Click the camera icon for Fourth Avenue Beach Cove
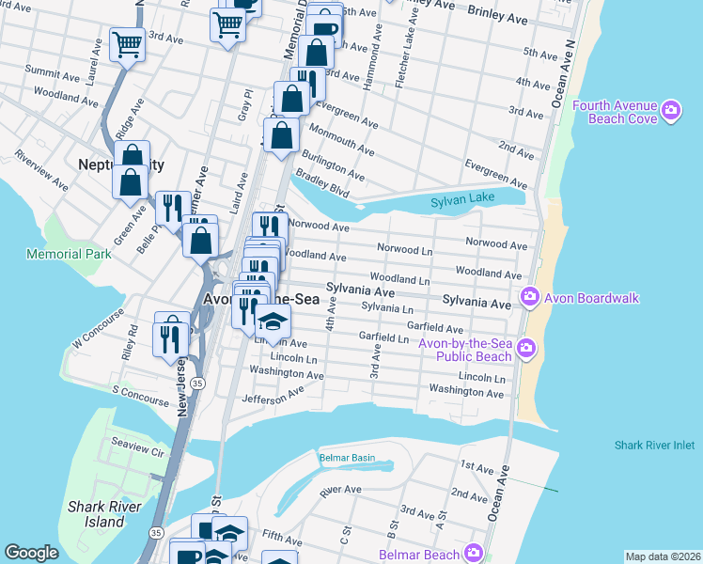(670, 112)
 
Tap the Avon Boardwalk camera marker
(529, 298)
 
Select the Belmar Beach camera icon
(476, 554)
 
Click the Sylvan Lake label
(461, 202)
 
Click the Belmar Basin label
(347, 458)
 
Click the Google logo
(31, 553)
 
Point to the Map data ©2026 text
(662, 556)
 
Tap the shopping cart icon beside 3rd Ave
(127, 43)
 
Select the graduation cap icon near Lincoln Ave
(273, 322)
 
